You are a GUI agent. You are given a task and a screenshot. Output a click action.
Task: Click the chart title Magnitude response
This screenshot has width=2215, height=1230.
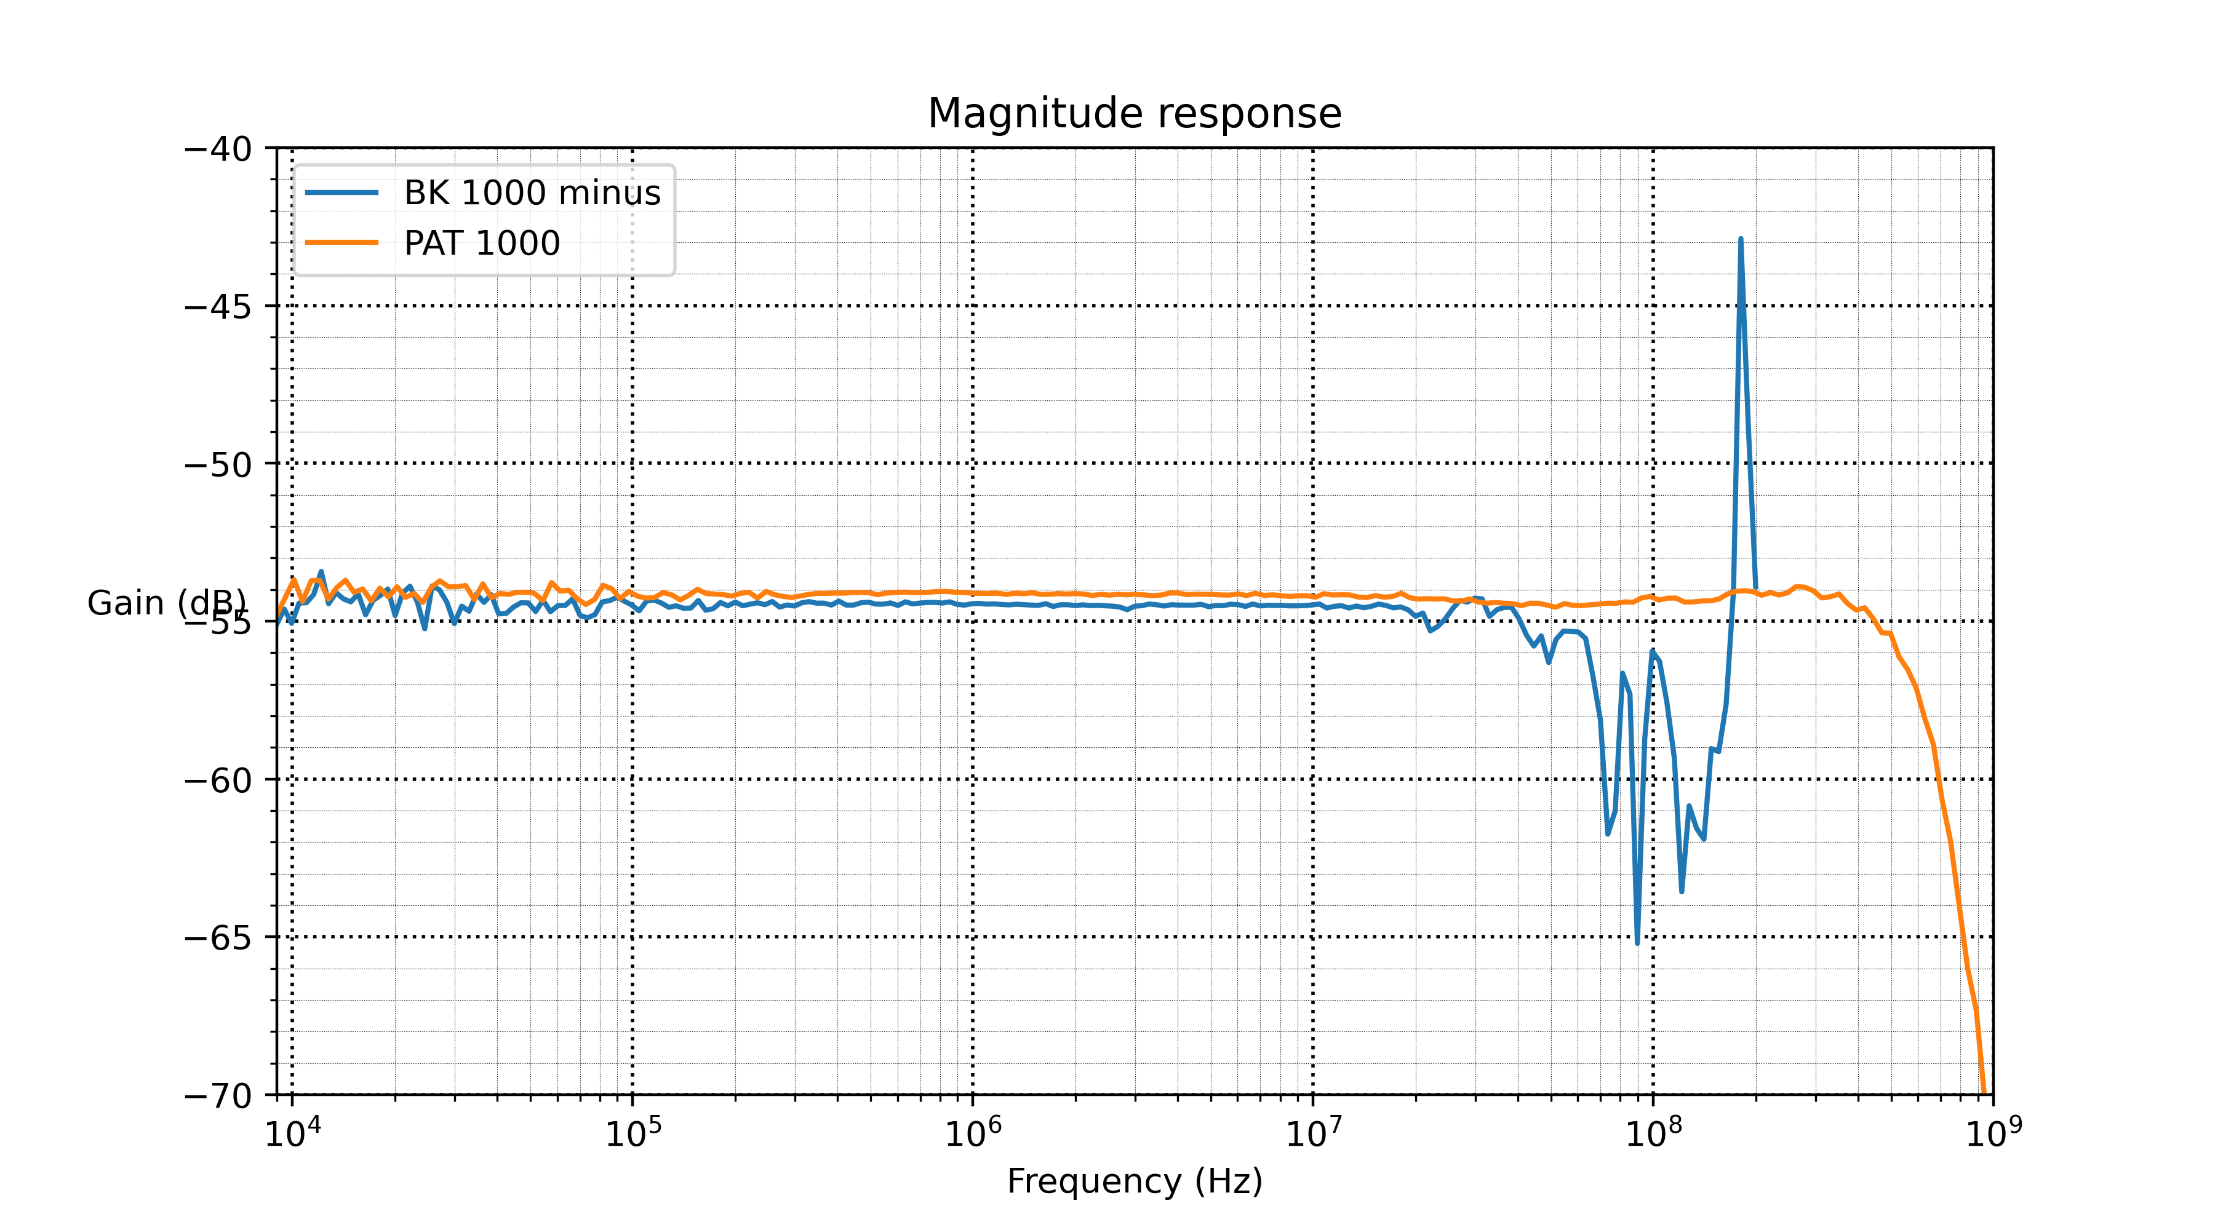point(1134,113)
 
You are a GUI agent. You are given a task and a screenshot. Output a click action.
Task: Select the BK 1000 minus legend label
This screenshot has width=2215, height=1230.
point(532,192)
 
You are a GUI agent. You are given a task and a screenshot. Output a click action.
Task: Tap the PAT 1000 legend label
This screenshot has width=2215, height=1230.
point(482,244)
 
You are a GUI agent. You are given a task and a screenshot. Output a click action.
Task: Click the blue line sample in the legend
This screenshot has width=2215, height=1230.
point(342,192)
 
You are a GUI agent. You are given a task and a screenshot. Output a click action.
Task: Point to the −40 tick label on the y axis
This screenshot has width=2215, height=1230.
point(218,149)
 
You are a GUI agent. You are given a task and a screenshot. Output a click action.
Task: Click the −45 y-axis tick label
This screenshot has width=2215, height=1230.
point(218,307)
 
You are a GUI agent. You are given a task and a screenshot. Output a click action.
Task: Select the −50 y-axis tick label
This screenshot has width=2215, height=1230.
point(218,465)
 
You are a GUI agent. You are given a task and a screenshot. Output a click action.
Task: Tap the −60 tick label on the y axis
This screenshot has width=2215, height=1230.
point(218,780)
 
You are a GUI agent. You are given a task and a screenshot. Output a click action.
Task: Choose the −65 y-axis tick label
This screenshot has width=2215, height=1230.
point(218,938)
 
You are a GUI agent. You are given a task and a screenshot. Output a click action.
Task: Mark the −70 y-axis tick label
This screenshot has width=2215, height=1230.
point(218,1096)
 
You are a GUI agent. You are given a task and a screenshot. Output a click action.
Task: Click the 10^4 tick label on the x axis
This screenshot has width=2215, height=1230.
point(292,1133)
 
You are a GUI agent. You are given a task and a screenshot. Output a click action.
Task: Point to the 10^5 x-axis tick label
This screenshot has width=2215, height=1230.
point(633,1133)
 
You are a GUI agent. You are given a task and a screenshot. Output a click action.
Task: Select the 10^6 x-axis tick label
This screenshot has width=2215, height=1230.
point(973,1133)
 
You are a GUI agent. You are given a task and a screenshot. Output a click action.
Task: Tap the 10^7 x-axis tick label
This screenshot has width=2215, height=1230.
point(1313,1133)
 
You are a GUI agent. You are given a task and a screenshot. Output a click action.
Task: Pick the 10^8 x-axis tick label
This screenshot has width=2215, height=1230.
point(1653,1133)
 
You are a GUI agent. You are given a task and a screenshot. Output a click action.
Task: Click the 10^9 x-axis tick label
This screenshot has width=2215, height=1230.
point(1993,1133)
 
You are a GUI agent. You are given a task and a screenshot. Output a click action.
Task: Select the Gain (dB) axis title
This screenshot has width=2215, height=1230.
point(166,603)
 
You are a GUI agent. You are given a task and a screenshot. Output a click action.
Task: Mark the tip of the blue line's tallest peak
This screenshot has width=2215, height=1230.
point(1741,239)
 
